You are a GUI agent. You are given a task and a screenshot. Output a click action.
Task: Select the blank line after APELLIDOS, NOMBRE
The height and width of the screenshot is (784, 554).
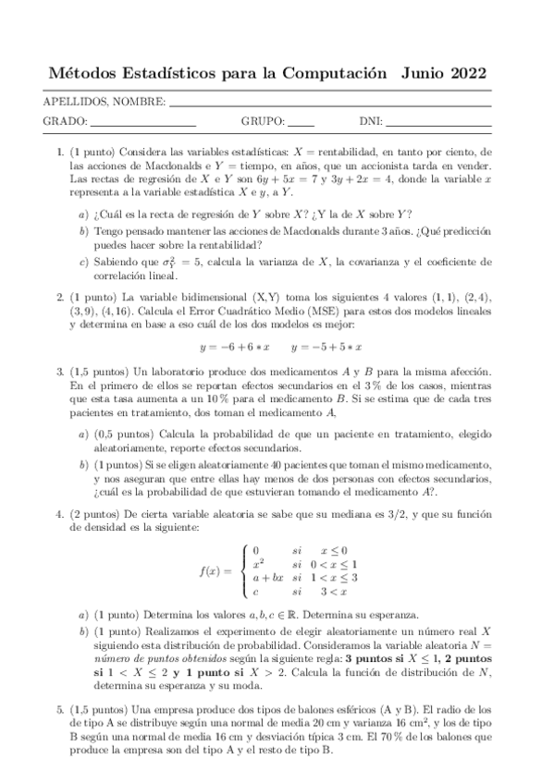342,101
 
